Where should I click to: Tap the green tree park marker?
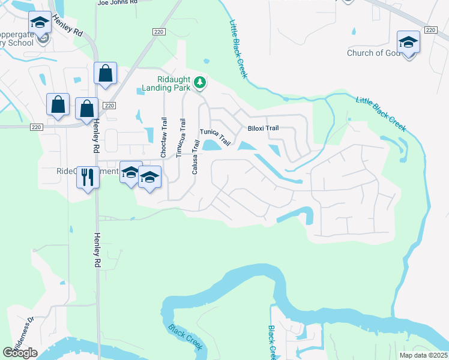tap(200, 82)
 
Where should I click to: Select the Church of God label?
tap(373, 53)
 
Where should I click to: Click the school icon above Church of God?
tap(408, 43)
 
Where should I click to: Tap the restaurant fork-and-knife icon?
tap(88, 176)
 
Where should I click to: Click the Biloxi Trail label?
tap(263, 128)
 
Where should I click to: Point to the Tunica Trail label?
tap(215, 137)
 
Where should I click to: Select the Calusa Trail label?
tap(195, 157)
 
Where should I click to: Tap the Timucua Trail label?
tap(179, 138)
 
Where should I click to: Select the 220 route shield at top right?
tap(430, 29)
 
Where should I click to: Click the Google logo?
tap(20, 353)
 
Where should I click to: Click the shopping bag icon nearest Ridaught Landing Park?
tap(105, 74)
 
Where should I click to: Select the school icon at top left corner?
tap(40, 23)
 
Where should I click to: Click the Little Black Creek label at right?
tap(381, 113)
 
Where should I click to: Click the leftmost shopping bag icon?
tap(58, 104)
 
